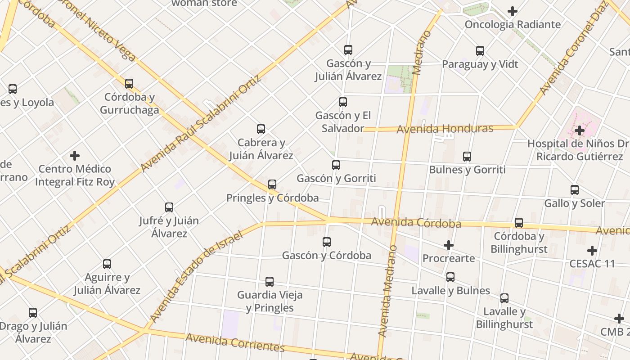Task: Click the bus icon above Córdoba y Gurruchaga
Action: click(129, 84)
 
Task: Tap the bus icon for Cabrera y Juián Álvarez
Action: click(261, 130)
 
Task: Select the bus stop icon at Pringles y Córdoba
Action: click(272, 184)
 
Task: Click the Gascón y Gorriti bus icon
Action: click(336, 165)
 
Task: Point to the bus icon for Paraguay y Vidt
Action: click(480, 51)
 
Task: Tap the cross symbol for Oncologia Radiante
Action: click(512, 11)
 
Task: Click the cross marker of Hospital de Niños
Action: click(580, 131)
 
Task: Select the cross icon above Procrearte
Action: click(448, 245)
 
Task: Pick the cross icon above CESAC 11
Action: click(592, 251)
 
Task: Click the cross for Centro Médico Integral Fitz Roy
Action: click(75, 156)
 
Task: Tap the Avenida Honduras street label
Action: click(445, 129)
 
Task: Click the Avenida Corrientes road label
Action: click(235, 342)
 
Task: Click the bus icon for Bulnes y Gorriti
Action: click(467, 157)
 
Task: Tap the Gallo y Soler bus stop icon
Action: click(575, 190)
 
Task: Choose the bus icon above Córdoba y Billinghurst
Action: click(519, 223)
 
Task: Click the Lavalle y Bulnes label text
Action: click(450, 291)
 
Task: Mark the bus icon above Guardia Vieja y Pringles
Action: click(269, 282)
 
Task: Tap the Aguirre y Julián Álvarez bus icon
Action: click(107, 264)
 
